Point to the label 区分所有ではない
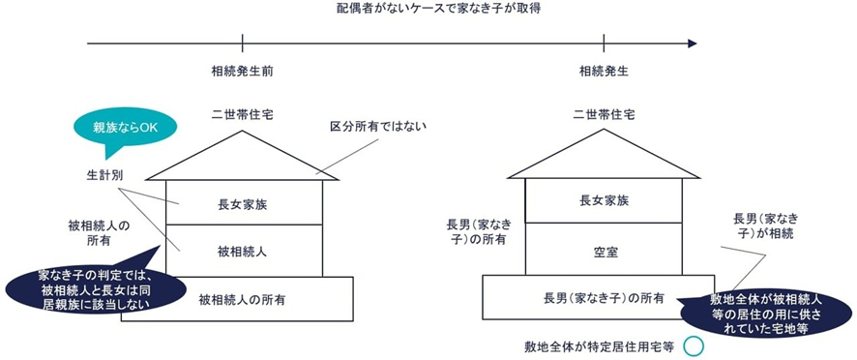point(378,127)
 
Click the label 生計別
point(102,175)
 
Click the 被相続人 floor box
point(243,250)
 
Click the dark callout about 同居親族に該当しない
point(92,287)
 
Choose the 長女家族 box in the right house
point(603,202)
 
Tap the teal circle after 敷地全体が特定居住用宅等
point(692,345)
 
